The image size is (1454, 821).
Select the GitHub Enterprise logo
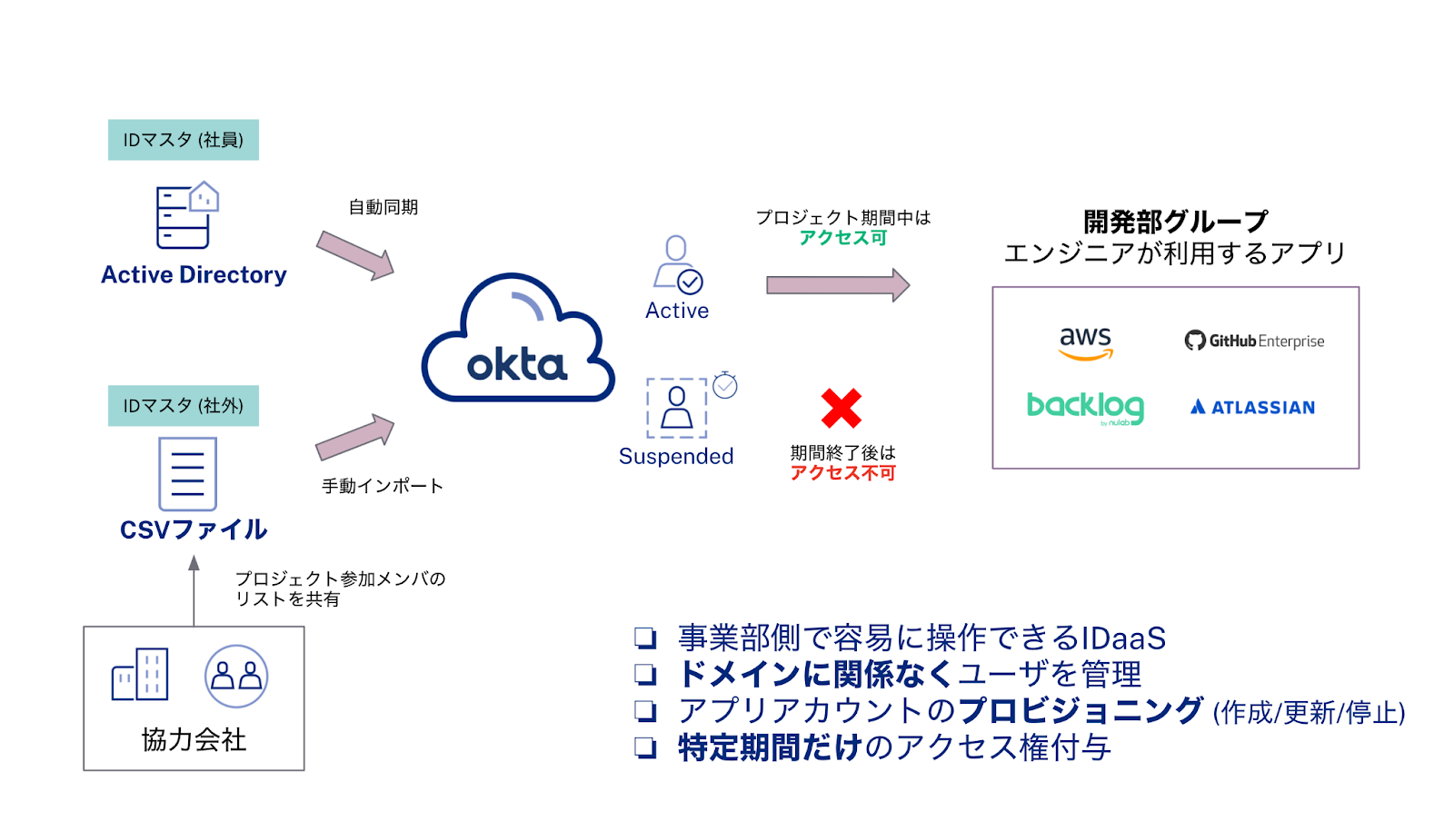point(1254,341)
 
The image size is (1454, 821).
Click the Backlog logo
point(1085,408)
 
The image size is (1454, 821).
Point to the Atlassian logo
point(1252,407)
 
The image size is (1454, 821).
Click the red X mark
point(841,408)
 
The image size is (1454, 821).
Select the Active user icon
point(678,265)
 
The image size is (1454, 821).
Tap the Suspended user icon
point(678,408)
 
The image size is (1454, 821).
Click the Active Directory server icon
point(187,215)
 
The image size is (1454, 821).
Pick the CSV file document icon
point(187,473)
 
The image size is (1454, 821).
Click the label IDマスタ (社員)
point(184,140)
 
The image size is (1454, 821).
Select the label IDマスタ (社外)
point(184,405)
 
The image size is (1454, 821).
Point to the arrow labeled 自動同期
point(355,255)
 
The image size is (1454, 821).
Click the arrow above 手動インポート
point(355,438)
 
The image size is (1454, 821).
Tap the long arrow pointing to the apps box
point(837,285)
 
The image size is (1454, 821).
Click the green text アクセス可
point(842,238)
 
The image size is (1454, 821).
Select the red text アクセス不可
point(842,473)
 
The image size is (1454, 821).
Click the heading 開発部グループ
point(1175,221)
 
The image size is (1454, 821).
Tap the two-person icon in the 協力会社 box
point(236,677)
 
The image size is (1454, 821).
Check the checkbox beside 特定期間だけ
point(645,747)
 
